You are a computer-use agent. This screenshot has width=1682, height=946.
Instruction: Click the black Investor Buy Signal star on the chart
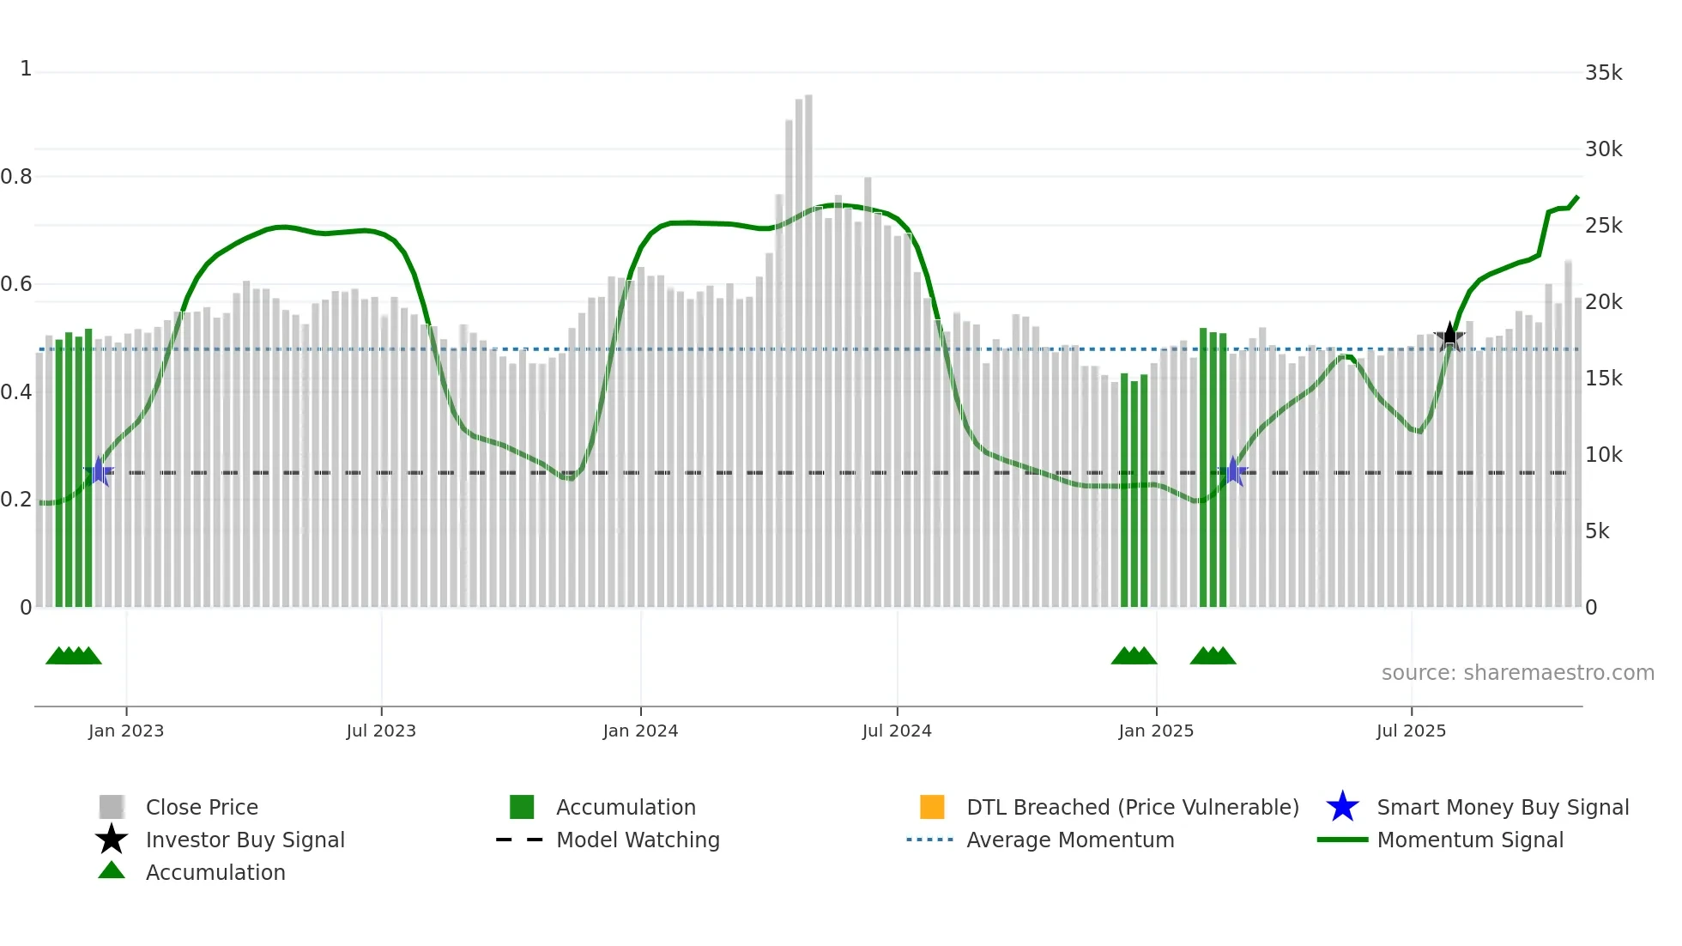click(1449, 336)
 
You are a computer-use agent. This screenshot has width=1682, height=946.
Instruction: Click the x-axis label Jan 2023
click(126, 731)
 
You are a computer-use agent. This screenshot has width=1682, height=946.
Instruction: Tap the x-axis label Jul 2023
click(381, 731)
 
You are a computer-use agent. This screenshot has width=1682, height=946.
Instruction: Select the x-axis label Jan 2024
click(640, 731)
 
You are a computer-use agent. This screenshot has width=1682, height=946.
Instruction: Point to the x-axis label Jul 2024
click(897, 731)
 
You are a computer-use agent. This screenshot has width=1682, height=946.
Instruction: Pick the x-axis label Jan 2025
click(1156, 731)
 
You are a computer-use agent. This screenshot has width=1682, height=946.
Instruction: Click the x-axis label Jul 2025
click(1411, 731)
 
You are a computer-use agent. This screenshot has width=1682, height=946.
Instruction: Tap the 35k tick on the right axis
click(1603, 73)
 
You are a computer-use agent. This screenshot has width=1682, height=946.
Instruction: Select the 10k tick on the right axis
click(1603, 455)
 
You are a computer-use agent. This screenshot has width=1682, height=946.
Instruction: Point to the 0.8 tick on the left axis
click(16, 177)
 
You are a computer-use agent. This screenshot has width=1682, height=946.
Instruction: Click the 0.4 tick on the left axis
click(16, 392)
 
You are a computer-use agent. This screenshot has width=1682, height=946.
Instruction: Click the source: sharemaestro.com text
click(1517, 673)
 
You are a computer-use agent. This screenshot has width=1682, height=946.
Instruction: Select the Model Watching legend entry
click(638, 840)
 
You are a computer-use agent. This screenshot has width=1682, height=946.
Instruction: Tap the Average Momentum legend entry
click(1070, 840)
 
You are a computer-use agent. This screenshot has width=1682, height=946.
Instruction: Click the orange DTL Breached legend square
click(932, 807)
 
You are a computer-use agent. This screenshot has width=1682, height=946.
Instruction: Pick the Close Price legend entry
click(202, 808)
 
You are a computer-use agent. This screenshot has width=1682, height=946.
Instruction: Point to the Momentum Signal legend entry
click(1470, 840)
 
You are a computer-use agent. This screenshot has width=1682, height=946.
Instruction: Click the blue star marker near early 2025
click(1233, 471)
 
